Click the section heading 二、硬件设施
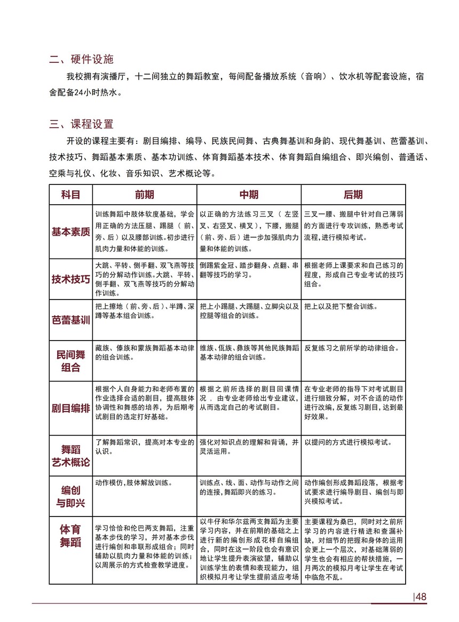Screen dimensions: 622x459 point(82,59)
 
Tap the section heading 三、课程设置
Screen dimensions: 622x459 point(82,125)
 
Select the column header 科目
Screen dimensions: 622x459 point(70,195)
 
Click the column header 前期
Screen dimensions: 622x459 point(144,195)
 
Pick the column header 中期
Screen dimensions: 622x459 point(249,195)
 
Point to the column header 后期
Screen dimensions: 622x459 point(353,195)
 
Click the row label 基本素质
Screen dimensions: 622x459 point(70,232)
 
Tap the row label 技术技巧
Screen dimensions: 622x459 point(70,279)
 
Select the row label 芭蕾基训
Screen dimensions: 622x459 point(70,320)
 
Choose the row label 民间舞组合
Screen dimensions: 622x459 point(70,361)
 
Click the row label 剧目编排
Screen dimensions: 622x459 point(70,408)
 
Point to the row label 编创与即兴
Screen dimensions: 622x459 point(70,496)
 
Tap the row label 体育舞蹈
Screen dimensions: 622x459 point(70,536)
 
